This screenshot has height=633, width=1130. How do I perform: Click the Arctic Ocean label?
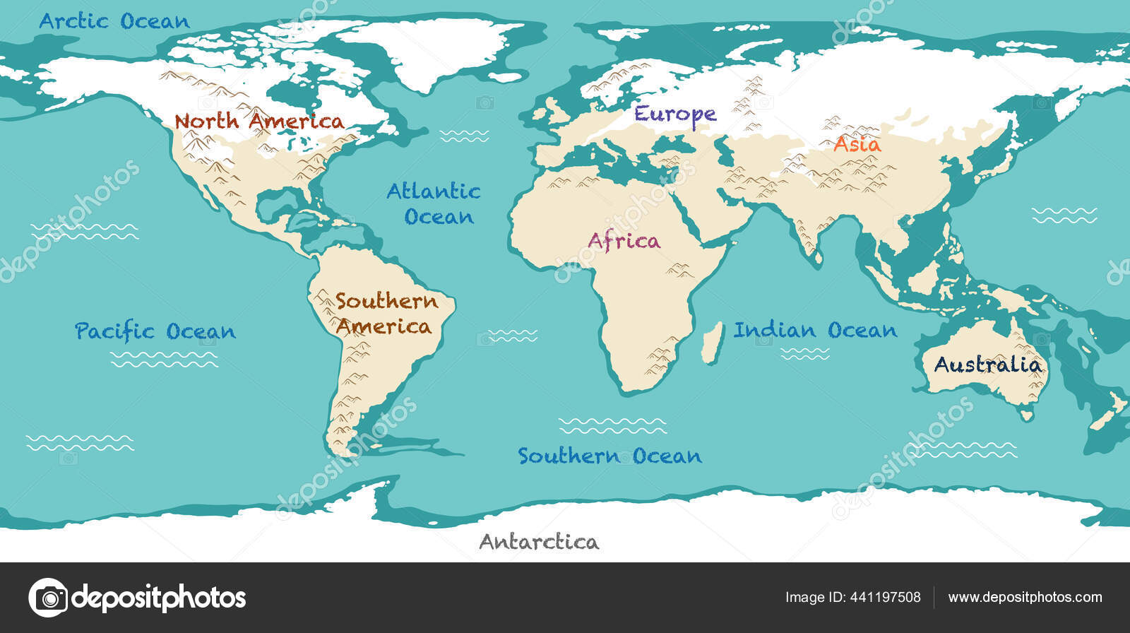114,21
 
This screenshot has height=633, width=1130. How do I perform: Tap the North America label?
259,122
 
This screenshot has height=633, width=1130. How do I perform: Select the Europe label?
674,114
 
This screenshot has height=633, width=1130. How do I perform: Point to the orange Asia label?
857,145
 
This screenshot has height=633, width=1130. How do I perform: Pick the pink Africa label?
624,242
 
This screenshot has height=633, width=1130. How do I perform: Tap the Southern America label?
385,314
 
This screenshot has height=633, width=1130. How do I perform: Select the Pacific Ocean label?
155,331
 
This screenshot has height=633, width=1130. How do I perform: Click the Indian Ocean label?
815,330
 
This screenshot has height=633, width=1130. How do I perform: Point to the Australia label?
987,365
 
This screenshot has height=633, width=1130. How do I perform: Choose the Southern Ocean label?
609,456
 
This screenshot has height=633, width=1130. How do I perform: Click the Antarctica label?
539,543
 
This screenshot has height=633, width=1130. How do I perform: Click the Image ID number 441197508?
887,598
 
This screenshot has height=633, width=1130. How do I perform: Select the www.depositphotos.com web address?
1025,598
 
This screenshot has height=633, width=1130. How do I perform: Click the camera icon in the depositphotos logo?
48,598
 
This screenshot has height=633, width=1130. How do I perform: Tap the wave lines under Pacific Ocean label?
164,360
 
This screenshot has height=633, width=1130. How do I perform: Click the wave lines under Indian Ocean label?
805,354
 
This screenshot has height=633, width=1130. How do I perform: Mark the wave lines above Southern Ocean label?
612,425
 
